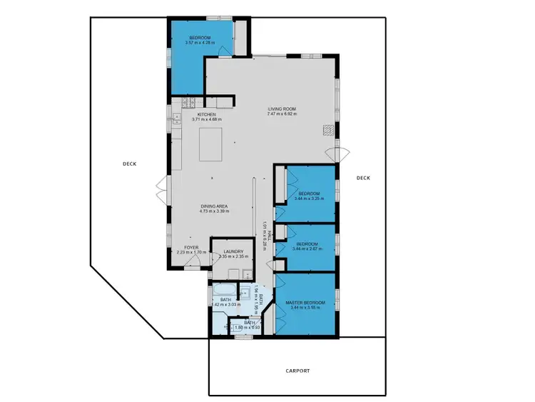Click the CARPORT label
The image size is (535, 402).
tap(297, 371)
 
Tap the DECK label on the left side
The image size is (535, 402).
tap(129, 164)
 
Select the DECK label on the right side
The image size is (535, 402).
tap(363, 178)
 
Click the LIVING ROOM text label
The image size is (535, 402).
tap(281, 109)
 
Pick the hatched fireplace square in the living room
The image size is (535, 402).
tap(327, 130)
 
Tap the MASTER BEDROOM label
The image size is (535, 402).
tap(305, 303)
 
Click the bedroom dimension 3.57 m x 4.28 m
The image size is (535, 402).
tap(200, 43)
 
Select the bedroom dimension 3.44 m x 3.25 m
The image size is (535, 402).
tap(308, 199)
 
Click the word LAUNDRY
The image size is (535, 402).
tap(233, 251)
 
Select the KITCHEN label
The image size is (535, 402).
tap(207, 114)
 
